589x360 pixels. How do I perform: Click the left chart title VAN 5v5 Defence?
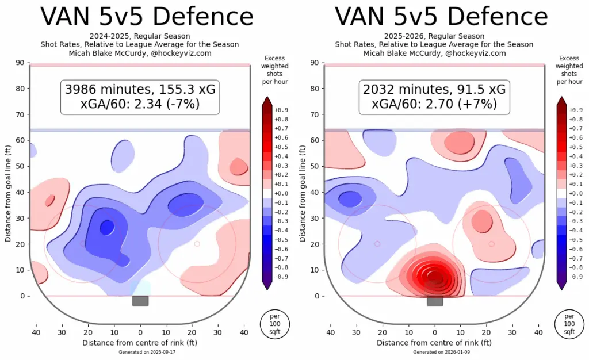[140, 17]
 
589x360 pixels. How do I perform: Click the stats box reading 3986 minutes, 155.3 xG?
[140, 90]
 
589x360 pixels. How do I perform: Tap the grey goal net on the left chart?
[140, 301]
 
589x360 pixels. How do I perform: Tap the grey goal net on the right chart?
[434, 301]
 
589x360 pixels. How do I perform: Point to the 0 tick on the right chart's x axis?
[434, 332]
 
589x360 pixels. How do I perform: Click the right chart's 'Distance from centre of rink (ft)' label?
[434, 343]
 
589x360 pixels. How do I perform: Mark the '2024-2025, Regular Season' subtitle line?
[140, 36]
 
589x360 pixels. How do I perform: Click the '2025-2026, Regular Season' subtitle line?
[434, 36]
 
